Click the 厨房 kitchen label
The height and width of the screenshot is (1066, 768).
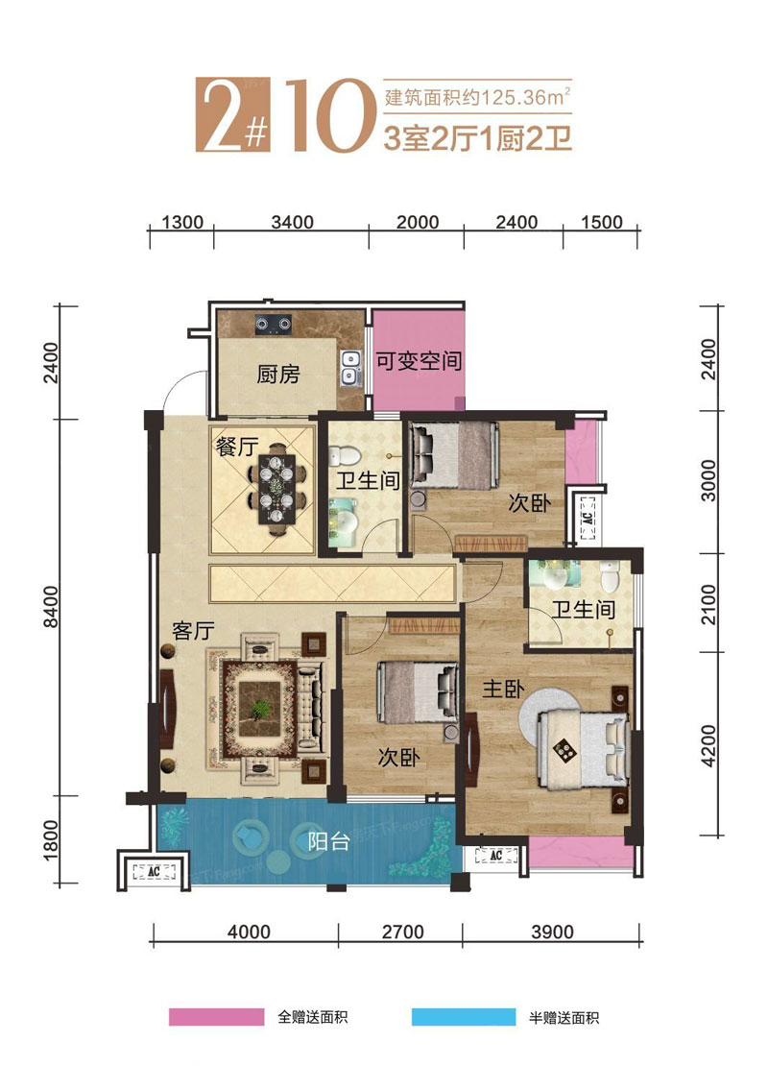click(278, 374)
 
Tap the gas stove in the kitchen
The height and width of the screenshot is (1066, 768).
click(274, 325)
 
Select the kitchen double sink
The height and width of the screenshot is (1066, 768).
click(350, 368)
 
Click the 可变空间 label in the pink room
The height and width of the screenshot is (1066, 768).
click(419, 361)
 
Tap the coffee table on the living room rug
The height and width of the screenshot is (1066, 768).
click(260, 709)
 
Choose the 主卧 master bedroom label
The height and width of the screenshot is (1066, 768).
click(503, 689)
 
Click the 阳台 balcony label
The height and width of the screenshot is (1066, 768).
click(329, 841)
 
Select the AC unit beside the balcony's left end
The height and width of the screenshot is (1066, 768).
click(154, 871)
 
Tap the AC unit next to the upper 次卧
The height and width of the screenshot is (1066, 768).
click(588, 518)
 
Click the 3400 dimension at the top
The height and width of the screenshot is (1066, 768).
click(292, 222)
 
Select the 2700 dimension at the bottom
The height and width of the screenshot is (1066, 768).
click(402, 932)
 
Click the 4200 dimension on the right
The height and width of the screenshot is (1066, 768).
click(708, 746)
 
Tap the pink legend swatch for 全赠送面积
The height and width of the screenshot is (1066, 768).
click(216, 1017)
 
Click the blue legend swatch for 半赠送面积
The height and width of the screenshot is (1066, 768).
click(464, 1017)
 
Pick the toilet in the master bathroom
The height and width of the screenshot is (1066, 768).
click(610, 575)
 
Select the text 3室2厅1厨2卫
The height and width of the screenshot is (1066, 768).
click(477, 138)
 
